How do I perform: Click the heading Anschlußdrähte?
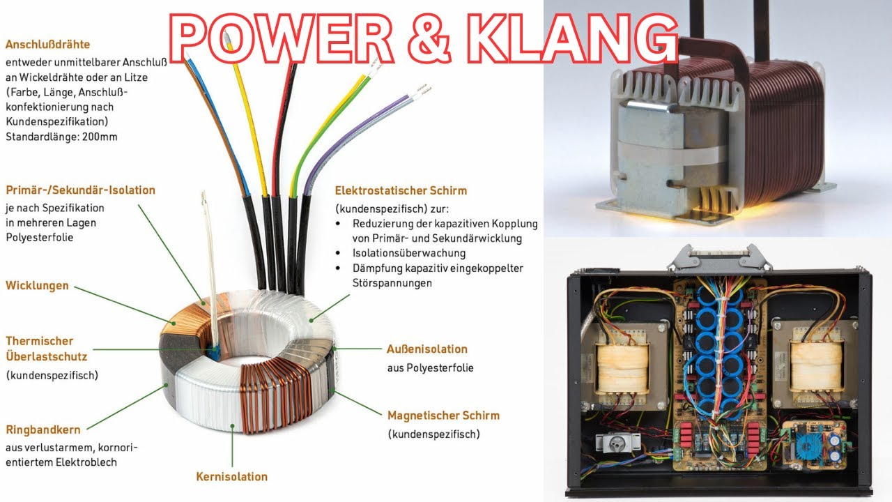(48, 44)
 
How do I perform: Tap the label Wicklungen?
(37, 286)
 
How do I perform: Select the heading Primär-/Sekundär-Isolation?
(80, 190)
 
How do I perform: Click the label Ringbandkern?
(43, 429)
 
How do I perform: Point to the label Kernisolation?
(232, 476)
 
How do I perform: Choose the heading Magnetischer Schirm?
(444, 416)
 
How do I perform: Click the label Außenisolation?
(427, 349)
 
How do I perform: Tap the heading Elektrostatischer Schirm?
(401, 190)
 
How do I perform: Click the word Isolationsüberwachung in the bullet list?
(409, 253)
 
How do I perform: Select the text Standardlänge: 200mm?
(61, 137)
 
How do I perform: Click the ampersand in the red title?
(429, 38)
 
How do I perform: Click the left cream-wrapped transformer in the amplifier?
(621, 367)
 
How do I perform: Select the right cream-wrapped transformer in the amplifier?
(816, 367)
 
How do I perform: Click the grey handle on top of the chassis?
(720, 257)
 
